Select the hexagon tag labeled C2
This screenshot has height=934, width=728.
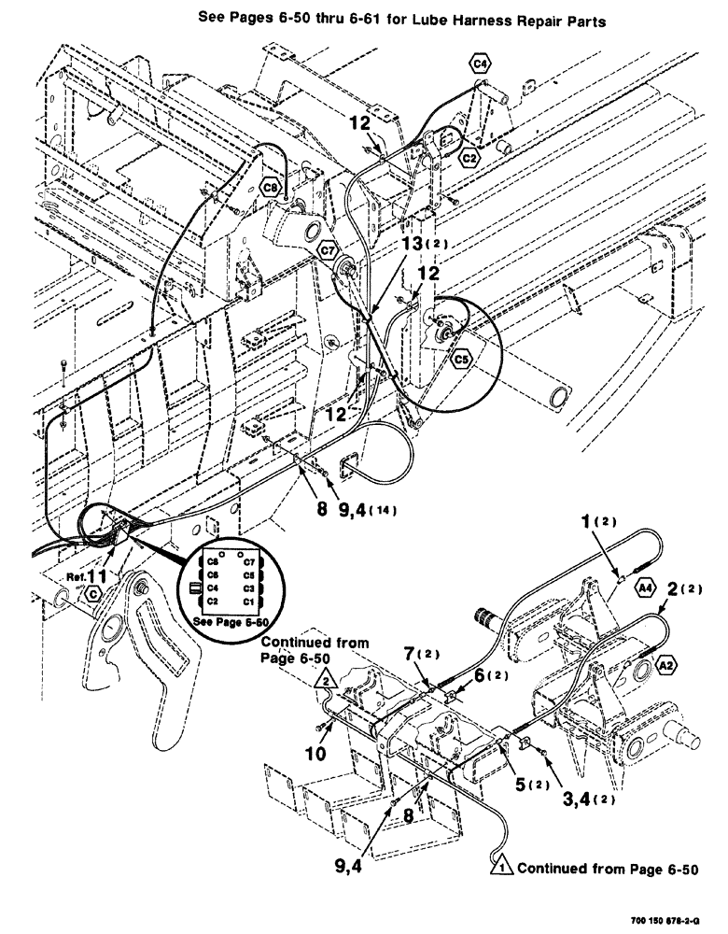tap(471, 160)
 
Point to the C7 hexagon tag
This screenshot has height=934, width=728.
tap(327, 251)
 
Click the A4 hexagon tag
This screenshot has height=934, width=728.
tap(645, 587)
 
